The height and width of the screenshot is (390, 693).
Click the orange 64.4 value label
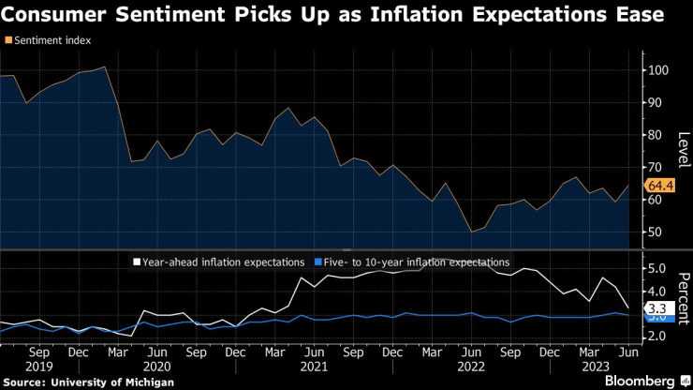click(661, 187)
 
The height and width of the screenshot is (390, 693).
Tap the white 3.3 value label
click(657, 307)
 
